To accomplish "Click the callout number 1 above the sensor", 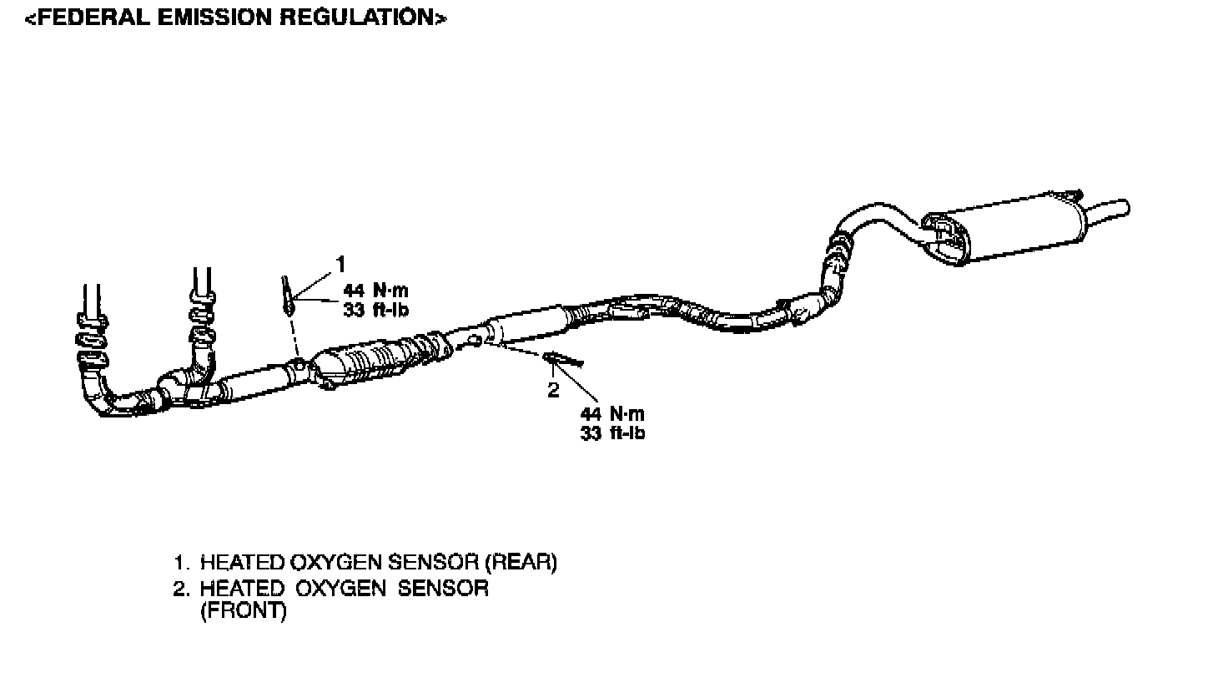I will point(340,264).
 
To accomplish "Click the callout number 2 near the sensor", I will point(553,390).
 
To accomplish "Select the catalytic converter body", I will point(350,367).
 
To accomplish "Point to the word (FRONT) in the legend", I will point(243,611).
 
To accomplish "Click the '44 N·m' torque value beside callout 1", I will point(377,291).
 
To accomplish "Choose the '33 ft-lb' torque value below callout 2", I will point(612,433).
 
